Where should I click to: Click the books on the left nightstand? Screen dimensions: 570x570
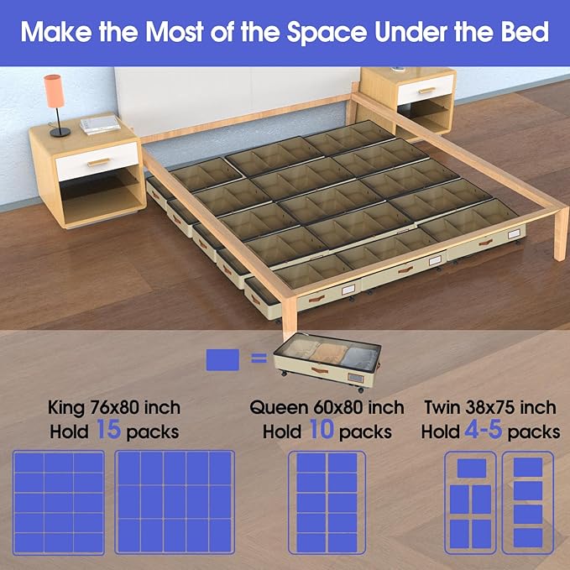pyautogui.click(x=100, y=124)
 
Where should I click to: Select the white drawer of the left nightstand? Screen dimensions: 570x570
pyautogui.click(x=96, y=160)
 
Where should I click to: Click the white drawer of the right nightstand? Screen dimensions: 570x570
pyautogui.click(x=425, y=89)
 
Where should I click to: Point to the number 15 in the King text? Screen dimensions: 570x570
pyautogui.click(x=111, y=431)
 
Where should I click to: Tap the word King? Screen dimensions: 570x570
pyautogui.click(x=68, y=408)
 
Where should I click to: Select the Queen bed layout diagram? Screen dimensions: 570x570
pyautogui.click(x=327, y=501)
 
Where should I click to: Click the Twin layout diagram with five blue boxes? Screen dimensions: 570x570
pyautogui.click(x=469, y=503)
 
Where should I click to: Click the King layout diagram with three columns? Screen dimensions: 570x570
pyautogui.click(x=59, y=501)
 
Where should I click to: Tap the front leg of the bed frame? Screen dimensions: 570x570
pyautogui.click(x=286, y=310)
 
